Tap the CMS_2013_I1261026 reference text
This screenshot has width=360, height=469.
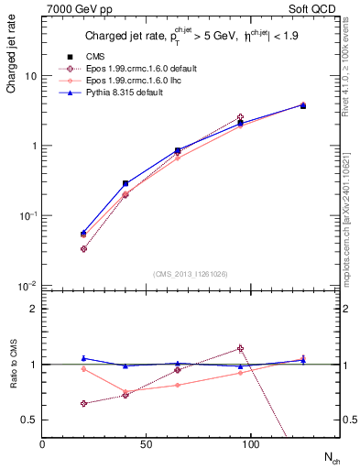[x=191, y=275]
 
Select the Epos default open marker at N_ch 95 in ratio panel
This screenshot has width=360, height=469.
[x=240, y=348]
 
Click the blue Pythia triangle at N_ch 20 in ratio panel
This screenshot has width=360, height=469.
[x=83, y=358]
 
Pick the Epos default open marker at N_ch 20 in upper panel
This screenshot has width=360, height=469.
[x=83, y=248]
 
